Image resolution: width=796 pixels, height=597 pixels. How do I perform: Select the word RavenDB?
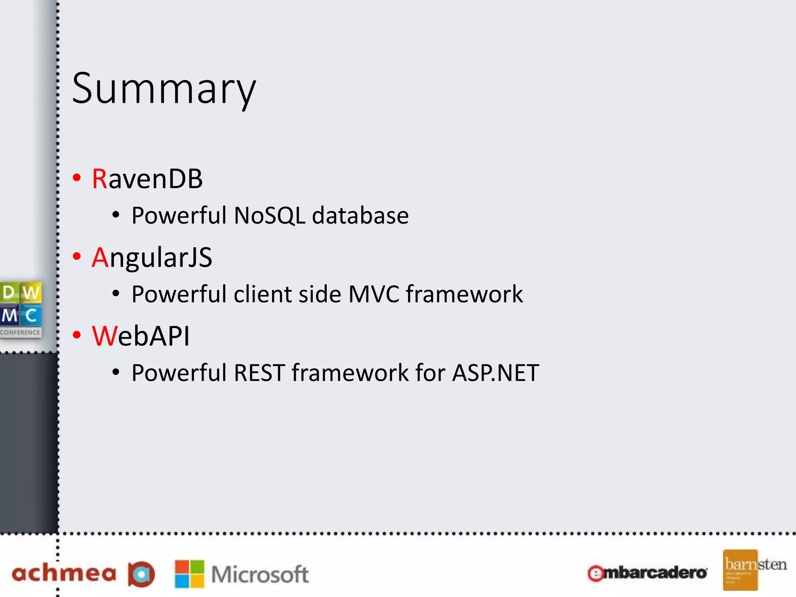(x=147, y=179)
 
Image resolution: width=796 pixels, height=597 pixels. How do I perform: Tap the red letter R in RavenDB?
(x=99, y=179)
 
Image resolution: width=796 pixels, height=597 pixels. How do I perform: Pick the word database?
(x=360, y=215)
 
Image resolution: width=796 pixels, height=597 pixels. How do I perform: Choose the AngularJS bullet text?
(x=152, y=258)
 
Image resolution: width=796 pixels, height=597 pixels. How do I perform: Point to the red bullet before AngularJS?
(x=77, y=257)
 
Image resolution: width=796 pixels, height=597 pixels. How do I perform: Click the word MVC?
(x=374, y=294)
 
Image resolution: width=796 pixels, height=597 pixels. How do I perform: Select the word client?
(x=262, y=294)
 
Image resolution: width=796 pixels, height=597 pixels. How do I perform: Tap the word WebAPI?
(x=141, y=336)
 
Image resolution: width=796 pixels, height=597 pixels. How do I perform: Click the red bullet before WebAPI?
(x=77, y=335)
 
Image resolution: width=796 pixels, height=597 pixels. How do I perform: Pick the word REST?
(x=259, y=373)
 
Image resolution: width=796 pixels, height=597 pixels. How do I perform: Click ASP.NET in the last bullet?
(x=496, y=373)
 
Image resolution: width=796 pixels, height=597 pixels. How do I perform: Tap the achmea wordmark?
(x=64, y=574)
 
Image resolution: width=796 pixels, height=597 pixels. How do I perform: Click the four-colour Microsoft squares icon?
(x=189, y=574)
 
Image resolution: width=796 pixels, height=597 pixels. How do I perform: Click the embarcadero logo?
(x=647, y=573)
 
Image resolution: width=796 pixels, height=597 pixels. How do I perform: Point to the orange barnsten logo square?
(x=740, y=570)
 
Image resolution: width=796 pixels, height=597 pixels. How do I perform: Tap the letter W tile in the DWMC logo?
(x=31, y=292)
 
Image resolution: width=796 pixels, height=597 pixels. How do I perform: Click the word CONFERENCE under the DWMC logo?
(x=20, y=332)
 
